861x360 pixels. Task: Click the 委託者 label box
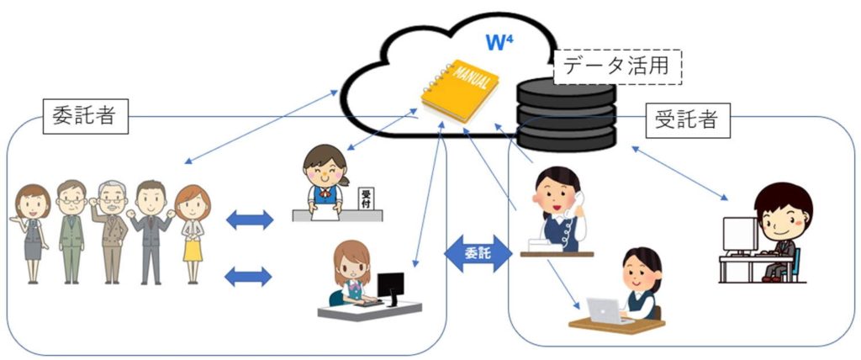click(85, 117)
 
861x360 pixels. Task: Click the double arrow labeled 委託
click(478, 252)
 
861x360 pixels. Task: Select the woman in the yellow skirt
click(193, 230)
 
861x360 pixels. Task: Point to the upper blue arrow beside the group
click(250, 220)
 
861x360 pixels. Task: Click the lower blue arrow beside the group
click(250, 275)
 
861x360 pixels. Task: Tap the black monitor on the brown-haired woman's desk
click(390, 286)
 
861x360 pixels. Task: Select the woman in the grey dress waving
click(32, 230)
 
